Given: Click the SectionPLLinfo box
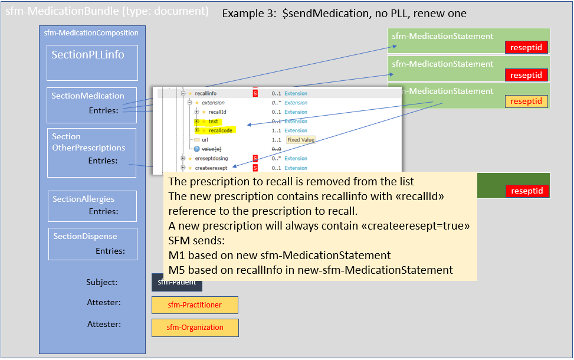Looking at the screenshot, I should [92, 63].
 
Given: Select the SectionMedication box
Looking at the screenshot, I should [91, 105].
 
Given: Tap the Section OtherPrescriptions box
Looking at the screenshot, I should [91, 152].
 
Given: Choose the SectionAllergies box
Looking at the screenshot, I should [92, 205].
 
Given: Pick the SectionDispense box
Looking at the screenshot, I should [93, 243].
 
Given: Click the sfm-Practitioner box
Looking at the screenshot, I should [195, 305].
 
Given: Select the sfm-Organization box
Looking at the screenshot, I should [195, 328].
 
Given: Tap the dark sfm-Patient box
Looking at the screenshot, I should [177, 283].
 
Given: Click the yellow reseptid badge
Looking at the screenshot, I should [526, 102].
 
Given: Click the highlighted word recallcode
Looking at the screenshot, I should [220, 130].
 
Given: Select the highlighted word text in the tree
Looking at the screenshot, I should [213, 121].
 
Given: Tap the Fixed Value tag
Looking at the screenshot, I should [301, 140].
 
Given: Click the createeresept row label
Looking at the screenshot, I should [211, 168].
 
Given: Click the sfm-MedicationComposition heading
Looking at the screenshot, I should [91, 33].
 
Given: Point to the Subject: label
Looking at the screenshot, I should [101, 283].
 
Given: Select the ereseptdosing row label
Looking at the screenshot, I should [211, 158].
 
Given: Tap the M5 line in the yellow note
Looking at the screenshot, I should [310, 270].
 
